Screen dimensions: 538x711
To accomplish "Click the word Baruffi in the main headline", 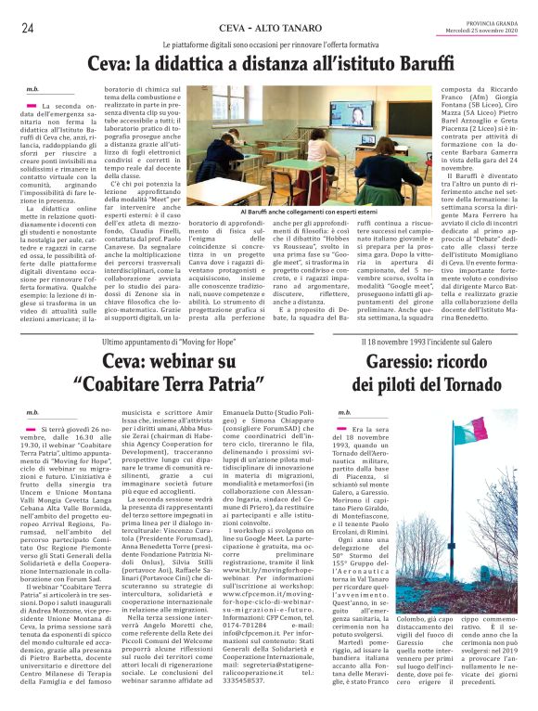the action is tap(419, 64).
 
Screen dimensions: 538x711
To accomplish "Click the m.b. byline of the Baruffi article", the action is tap(33, 90).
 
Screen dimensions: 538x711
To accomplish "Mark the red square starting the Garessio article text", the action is tap(342, 429).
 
